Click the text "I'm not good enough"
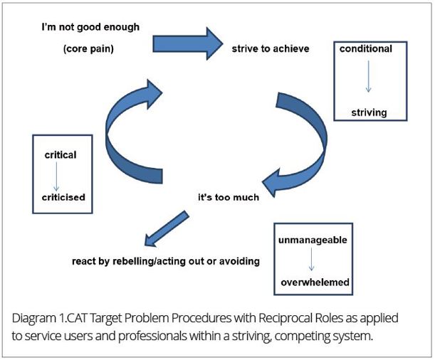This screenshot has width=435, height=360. click(x=90, y=28)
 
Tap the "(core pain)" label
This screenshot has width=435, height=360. click(x=88, y=49)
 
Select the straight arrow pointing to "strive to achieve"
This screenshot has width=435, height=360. click(x=188, y=43)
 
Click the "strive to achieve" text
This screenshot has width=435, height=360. click(x=271, y=49)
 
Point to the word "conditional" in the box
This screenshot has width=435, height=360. click(x=366, y=49)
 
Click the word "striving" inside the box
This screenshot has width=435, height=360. click(x=369, y=113)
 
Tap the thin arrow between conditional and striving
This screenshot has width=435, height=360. click(x=368, y=76)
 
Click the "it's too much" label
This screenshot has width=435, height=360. click(x=229, y=197)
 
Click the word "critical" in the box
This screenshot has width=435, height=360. click(x=61, y=155)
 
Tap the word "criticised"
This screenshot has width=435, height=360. click(x=63, y=197)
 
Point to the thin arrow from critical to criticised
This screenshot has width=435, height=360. click(x=56, y=176)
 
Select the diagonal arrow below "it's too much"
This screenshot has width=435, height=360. click(x=167, y=229)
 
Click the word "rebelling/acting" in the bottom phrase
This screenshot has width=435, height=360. click(x=149, y=261)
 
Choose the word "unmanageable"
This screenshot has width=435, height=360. click(x=313, y=240)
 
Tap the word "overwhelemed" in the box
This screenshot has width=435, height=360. click(x=315, y=282)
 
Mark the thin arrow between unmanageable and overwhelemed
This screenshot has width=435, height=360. click(x=311, y=259)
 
